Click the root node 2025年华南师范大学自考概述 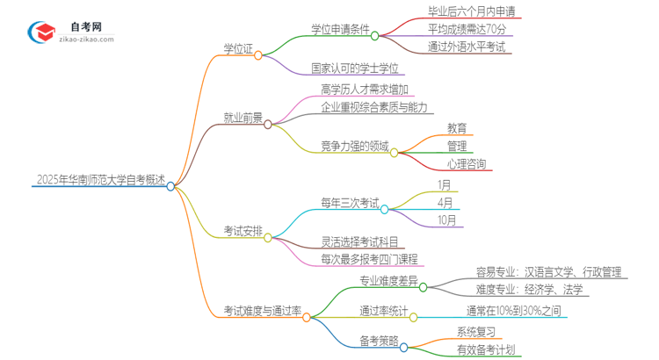100,180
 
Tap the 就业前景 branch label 243,118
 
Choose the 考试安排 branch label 242,231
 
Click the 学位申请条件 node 340,30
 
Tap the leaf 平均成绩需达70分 467,30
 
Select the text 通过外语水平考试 467,47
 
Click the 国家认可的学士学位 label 355,68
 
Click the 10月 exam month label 446,220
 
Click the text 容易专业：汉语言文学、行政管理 548,271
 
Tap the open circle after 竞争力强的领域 394,152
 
